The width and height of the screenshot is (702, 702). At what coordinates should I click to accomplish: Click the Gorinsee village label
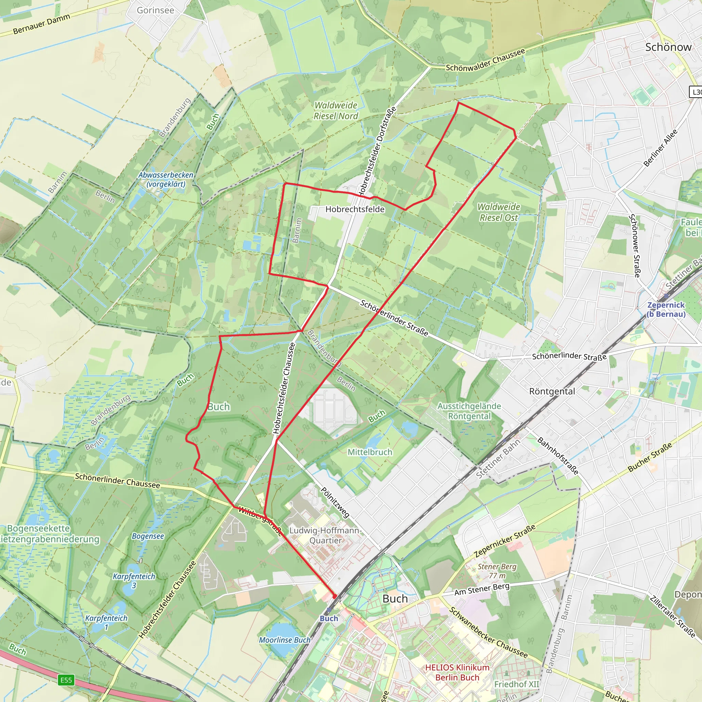(155, 10)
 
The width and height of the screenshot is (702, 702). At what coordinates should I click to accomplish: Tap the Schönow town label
(668, 47)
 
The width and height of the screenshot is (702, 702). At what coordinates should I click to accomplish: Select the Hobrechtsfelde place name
(355, 209)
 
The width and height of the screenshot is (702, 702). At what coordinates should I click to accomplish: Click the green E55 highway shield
(66, 680)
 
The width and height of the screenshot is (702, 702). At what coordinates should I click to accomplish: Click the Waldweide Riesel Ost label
(498, 212)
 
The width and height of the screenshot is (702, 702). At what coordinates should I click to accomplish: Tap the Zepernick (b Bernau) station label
(666, 310)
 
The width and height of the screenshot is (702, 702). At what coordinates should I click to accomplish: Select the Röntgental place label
(552, 391)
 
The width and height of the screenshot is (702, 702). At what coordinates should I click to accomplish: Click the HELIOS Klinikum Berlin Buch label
(457, 672)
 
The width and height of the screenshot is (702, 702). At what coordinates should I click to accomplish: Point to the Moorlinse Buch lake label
(285, 640)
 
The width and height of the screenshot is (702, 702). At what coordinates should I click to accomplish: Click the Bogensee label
(147, 536)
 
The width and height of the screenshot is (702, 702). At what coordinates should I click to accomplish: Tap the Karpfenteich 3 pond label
(134, 581)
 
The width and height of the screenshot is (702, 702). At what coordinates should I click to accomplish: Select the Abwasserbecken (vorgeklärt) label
(166, 179)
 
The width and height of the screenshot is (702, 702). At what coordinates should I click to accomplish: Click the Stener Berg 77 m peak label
(497, 571)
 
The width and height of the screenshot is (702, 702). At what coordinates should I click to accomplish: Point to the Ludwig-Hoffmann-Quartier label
(325, 535)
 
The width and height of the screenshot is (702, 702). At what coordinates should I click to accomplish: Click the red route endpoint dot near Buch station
(334, 597)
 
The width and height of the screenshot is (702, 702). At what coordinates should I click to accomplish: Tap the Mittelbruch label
(370, 452)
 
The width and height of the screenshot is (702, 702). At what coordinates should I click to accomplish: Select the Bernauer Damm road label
(41, 24)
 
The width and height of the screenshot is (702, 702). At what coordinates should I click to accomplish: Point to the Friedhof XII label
(517, 684)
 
